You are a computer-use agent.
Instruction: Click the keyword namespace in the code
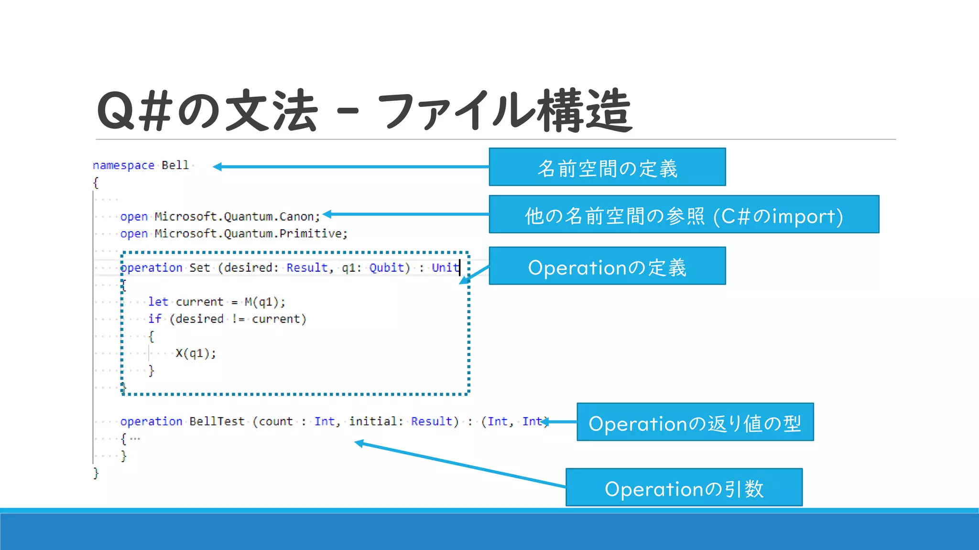[123, 165]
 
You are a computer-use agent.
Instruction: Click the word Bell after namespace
[175, 165]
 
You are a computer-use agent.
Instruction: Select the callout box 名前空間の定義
[607, 167]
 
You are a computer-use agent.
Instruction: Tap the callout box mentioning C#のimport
[684, 214]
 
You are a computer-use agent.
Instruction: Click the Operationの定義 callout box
[607, 266]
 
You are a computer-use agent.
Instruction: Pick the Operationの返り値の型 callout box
[695, 422]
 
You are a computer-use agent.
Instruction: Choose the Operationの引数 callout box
[684, 487]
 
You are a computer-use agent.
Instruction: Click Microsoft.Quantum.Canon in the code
[236, 217]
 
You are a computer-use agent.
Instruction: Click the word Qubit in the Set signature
[386, 268]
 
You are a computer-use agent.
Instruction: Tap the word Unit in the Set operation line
[445, 268]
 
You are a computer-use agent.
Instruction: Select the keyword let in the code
[158, 302]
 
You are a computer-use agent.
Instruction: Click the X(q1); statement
[196, 353]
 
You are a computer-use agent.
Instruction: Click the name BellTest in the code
[217, 422]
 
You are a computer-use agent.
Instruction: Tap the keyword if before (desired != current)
[154, 319]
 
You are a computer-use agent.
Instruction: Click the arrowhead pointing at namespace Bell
[217, 167]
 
